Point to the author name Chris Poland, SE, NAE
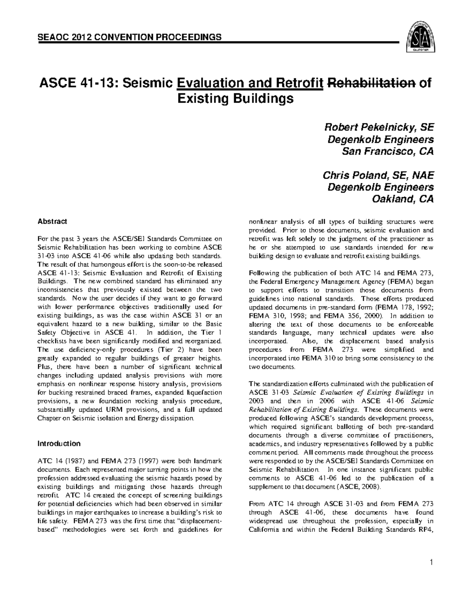(378, 175)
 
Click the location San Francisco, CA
(388, 151)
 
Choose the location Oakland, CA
(404, 199)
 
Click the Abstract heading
(52, 221)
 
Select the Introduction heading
(58, 444)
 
